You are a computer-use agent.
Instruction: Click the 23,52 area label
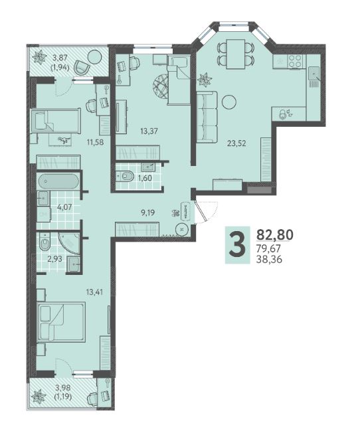[236, 143]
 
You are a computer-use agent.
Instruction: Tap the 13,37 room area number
[149, 131]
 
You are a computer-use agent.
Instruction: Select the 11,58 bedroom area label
[95, 141]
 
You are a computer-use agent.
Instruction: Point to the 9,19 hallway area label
[147, 212]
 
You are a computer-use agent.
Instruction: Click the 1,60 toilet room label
[145, 178]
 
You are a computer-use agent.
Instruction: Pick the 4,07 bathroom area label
[64, 207]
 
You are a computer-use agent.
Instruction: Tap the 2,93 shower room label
[54, 259]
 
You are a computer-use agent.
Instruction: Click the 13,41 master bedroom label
[94, 292]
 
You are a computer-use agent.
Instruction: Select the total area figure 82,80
[275, 234]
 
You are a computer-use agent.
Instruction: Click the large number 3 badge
[238, 245]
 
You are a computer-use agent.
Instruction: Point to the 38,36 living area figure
[269, 260]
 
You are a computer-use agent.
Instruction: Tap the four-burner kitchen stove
[295, 61]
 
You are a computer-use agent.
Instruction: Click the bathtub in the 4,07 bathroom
[58, 181]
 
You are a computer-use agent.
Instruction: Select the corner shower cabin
[69, 243]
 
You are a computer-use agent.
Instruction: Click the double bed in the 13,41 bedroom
[61, 321]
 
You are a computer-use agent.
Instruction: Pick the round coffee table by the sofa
[228, 102]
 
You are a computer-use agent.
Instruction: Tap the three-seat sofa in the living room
[207, 117]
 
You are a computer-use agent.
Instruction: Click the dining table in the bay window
[236, 54]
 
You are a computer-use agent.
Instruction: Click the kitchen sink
[314, 73]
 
